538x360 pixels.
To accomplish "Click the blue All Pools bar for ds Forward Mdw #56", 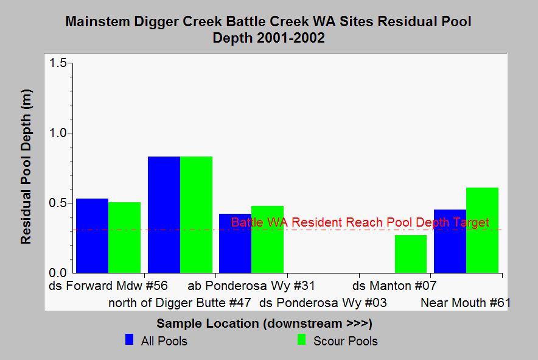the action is pyautogui.click(x=92, y=236).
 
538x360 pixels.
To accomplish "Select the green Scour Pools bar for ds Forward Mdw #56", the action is pyautogui.click(x=125, y=238).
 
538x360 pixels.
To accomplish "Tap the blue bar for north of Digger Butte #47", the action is pyautogui.click(x=164, y=214).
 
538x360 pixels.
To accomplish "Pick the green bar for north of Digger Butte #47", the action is pyautogui.click(x=196, y=214).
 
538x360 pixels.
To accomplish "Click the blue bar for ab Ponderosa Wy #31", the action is pyautogui.click(x=236, y=244).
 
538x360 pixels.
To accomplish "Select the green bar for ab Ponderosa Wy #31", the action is pyautogui.click(x=268, y=239).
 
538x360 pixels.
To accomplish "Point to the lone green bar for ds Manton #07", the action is pyautogui.click(x=411, y=254).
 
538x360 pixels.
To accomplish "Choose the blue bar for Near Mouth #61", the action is pyautogui.click(x=450, y=241).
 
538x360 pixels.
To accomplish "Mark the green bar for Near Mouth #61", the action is pyautogui.click(x=483, y=230).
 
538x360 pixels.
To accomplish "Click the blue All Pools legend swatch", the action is pyautogui.click(x=130, y=339).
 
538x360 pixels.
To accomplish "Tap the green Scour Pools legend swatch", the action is pyautogui.click(x=302, y=339).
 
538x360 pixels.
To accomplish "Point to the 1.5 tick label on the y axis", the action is pyautogui.click(x=58, y=63).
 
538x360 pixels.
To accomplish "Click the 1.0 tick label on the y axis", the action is pyautogui.click(x=58, y=133).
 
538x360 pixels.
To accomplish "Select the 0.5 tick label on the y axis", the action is pyautogui.click(x=58, y=203).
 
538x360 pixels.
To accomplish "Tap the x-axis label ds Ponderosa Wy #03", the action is pyautogui.click(x=323, y=303).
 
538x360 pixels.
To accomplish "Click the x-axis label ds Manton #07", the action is pyautogui.click(x=394, y=286).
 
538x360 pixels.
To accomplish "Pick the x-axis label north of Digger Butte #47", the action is pyautogui.click(x=180, y=303).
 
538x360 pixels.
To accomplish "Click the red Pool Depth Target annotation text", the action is pyautogui.click(x=360, y=222).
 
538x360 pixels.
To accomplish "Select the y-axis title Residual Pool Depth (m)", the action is pyautogui.click(x=26, y=167).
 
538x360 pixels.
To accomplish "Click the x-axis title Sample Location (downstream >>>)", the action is pyautogui.click(x=265, y=323).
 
